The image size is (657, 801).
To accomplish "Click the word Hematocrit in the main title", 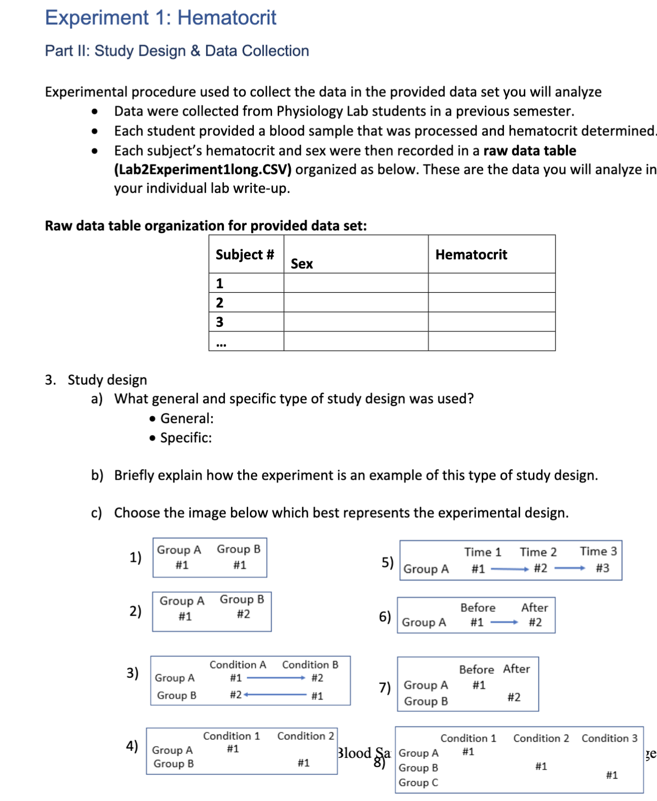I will click(226, 18).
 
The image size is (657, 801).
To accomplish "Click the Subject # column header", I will click(245, 254).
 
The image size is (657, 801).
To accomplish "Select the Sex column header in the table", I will click(302, 263).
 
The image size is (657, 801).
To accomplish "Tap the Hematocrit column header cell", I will click(471, 254).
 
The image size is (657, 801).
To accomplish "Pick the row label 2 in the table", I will click(219, 302).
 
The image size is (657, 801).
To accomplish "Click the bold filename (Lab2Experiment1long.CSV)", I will click(203, 169).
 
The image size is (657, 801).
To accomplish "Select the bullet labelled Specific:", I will click(185, 438).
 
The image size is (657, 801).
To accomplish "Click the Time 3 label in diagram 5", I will click(598, 551).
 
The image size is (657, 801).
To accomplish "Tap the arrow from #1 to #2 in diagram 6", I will click(504, 622).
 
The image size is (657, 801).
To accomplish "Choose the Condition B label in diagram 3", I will click(310, 664).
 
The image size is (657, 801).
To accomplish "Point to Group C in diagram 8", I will click(418, 782).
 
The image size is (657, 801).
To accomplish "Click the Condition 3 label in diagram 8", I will click(609, 738).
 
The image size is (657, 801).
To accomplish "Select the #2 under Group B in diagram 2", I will click(243, 614).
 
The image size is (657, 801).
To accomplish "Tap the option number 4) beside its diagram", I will click(132, 746).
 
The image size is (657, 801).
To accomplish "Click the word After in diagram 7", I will click(516, 669).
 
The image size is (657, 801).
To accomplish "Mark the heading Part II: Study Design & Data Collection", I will click(177, 51).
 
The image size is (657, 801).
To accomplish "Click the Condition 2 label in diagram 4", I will click(305, 736).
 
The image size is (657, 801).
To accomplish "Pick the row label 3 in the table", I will click(219, 322).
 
